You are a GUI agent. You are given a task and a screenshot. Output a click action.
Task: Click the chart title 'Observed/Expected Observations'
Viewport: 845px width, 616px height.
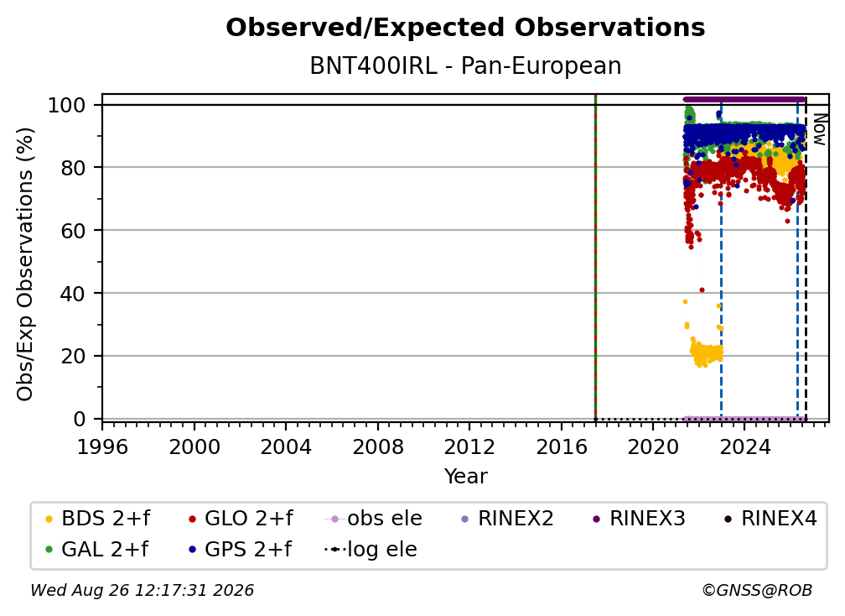(x=465, y=28)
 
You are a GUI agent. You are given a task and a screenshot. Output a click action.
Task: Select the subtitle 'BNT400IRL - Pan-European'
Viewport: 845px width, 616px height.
(x=465, y=65)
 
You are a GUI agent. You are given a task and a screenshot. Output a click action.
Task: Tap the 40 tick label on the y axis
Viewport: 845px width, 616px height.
(x=73, y=293)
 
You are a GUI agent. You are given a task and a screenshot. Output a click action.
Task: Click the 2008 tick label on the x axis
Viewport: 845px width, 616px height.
(x=378, y=447)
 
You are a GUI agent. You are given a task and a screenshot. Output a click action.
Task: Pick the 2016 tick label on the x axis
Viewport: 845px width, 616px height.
(x=562, y=447)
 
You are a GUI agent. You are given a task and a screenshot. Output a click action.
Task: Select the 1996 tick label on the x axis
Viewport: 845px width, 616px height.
(x=102, y=447)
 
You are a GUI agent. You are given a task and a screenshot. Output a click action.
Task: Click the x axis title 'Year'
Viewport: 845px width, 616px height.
(x=465, y=477)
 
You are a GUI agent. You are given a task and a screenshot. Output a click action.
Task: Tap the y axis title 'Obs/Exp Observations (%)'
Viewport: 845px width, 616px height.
(x=25, y=264)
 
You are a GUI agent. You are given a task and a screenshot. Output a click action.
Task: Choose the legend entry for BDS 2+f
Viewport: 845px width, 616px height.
(x=97, y=519)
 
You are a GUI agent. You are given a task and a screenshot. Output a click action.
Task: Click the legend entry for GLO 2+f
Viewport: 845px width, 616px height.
(x=241, y=519)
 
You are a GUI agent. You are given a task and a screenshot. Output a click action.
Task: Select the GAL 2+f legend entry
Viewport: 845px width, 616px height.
(x=97, y=550)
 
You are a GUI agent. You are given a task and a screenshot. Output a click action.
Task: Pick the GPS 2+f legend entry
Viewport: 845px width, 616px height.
(x=241, y=550)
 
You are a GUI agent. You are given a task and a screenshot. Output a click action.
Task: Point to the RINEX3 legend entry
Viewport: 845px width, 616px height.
(x=639, y=519)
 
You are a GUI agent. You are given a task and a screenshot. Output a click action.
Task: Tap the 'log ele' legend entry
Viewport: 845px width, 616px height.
(x=371, y=550)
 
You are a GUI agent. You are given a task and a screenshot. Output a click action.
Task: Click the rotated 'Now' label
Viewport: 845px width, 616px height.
(x=819, y=129)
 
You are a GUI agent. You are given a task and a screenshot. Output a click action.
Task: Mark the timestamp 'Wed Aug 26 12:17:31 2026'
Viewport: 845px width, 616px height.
(x=142, y=591)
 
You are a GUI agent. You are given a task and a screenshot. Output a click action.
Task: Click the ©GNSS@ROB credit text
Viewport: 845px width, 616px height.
(x=757, y=591)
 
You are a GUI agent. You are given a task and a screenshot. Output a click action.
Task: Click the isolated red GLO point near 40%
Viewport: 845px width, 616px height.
(x=702, y=290)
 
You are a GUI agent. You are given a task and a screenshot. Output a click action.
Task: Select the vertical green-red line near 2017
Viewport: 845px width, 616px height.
(x=595, y=258)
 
